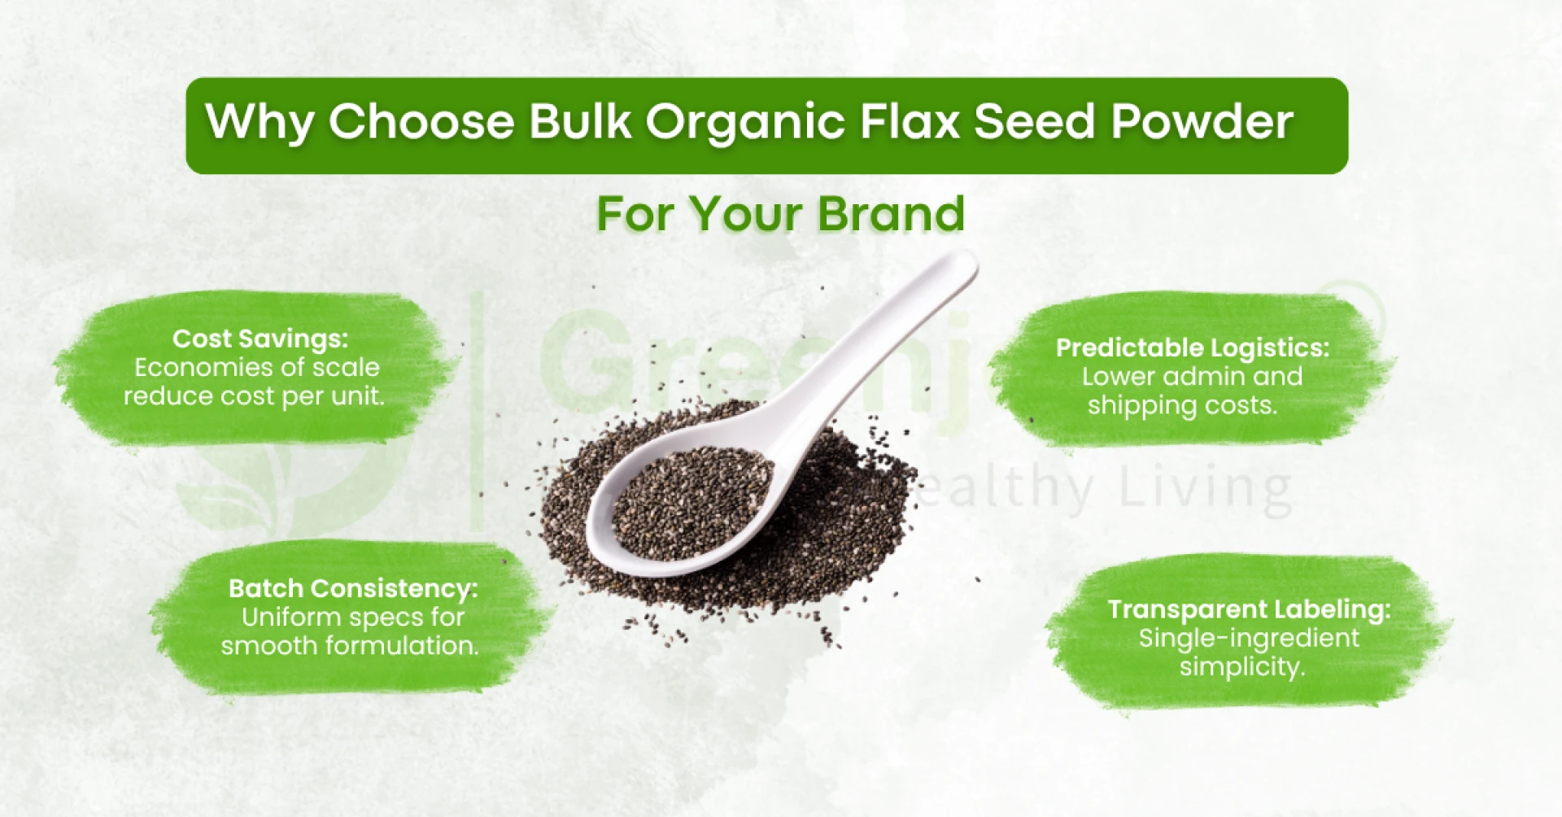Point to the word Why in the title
click(x=260, y=122)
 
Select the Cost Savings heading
click(x=260, y=339)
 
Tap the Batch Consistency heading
click(x=353, y=588)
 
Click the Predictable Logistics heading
click(x=1193, y=348)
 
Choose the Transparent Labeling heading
click(x=1249, y=609)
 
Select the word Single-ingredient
click(x=1249, y=638)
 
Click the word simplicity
click(x=1242, y=667)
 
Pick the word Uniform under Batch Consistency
click(x=289, y=618)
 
